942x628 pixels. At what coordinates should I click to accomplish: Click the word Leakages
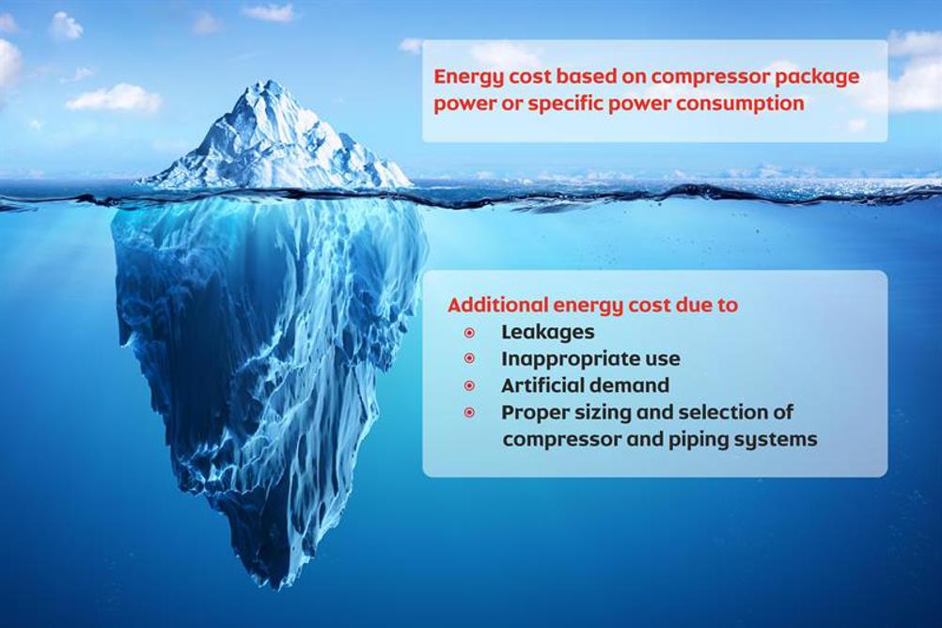click(548, 333)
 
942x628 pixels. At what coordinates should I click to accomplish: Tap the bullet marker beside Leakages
click(470, 332)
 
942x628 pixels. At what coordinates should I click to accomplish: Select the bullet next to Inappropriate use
click(470, 359)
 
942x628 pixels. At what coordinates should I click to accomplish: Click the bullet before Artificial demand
click(470, 385)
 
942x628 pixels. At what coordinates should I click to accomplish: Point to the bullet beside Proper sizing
click(470, 413)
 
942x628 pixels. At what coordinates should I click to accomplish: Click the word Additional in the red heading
click(497, 305)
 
